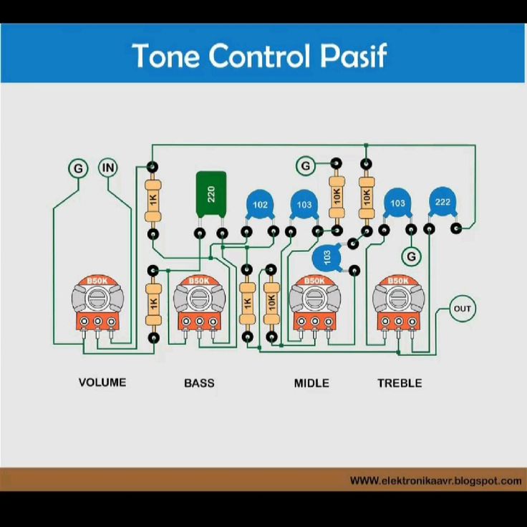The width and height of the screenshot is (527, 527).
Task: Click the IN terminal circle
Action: click(x=108, y=168)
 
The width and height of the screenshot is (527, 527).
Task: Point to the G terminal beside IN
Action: click(x=78, y=168)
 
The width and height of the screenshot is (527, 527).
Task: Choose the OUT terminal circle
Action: click(x=463, y=309)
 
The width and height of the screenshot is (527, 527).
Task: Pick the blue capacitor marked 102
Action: click(x=260, y=206)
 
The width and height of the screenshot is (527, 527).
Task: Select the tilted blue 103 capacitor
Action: click(x=328, y=258)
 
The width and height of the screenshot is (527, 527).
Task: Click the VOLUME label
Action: click(x=102, y=382)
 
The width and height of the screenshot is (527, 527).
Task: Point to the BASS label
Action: click(x=199, y=383)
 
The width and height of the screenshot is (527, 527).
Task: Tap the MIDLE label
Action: click(x=311, y=383)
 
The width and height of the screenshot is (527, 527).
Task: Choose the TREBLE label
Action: click(x=400, y=383)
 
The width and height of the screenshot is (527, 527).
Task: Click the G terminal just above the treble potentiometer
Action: click(x=411, y=256)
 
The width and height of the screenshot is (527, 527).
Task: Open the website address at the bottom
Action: click(x=435, y=480)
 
